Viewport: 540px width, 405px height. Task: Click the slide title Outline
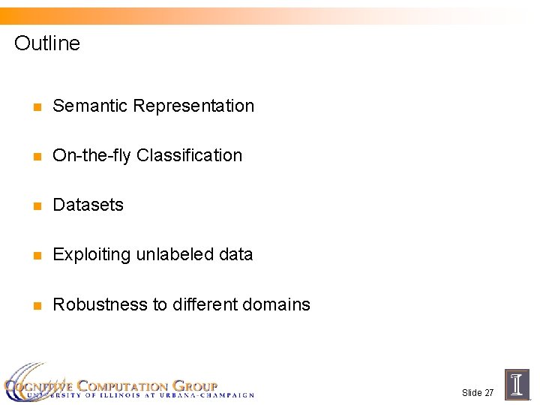tap(46, 43)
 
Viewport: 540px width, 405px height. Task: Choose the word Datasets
tap(88, 205)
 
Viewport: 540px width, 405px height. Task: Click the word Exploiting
tap(91, 255)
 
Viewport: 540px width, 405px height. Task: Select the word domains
tap(277, 304)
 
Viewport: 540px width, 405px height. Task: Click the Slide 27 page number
tap(478, 393)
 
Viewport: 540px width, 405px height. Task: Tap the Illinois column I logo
tap(517, 384)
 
